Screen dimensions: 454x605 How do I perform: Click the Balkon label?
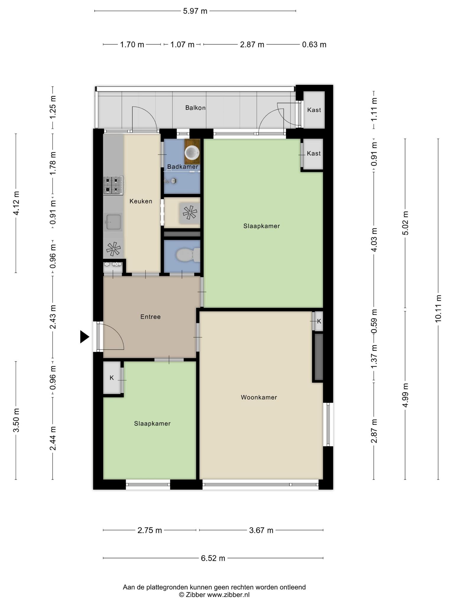coord(195,108)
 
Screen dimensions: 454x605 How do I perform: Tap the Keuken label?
coord(141,201)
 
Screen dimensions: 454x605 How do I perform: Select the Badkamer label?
coord(182,167)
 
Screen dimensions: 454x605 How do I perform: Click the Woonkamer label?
coord(259,397)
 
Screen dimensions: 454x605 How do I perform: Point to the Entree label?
coord(150,317)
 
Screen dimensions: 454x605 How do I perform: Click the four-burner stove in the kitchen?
coord(113,185)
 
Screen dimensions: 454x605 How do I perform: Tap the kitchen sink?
coord(113,222)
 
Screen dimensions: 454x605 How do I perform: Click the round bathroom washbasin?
coord(192,153)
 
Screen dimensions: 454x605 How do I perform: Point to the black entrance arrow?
coord(85,337)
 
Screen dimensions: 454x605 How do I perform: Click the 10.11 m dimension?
coord(438,308)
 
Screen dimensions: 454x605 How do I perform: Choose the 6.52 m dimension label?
coord(213,558)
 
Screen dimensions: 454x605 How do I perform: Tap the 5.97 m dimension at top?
coord(195,11)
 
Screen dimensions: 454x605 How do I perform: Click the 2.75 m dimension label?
coord(150,530)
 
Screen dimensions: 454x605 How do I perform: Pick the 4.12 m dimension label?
coord(16,203)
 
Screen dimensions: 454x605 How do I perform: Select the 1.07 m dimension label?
coord(182,45)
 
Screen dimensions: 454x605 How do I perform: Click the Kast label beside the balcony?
coord(314,110)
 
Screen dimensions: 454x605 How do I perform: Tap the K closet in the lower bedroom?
coord(112,378)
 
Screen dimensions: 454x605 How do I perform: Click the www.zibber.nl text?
coord(228,595)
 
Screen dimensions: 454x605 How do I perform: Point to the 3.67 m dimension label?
coord(261,530)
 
